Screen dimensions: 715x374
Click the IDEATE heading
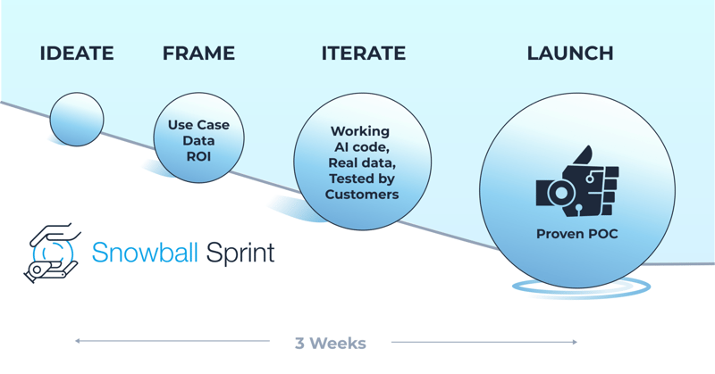coord(77,54)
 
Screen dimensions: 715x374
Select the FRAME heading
coord(198,54)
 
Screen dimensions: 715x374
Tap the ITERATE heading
coord(364,54)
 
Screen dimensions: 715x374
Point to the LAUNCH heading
coord(570,54)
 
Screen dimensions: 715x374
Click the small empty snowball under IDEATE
coord(77,120)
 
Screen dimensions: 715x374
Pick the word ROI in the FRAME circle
coord(198,156)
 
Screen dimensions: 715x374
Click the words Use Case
coord(198,125)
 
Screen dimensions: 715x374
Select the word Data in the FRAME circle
coord(198,140)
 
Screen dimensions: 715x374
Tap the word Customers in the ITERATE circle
coord(362,195)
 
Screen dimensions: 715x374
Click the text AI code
coord(362,147)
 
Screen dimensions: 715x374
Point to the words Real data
coord(362,162)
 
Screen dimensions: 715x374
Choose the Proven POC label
coord(576,234)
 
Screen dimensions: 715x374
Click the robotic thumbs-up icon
coord(576,181)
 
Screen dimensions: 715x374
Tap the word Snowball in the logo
coord(145,252)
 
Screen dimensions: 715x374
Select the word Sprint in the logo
coord(240,253)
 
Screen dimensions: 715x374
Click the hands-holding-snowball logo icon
coord(53,253)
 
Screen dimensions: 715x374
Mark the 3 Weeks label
coord(330,343)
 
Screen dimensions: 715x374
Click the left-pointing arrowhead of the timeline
coord(78,341)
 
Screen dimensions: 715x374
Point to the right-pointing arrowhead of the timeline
coord(575,342)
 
